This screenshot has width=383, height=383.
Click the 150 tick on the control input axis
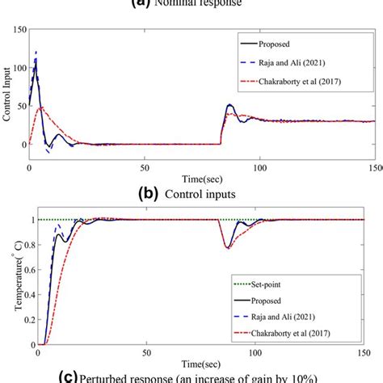coord(16,29)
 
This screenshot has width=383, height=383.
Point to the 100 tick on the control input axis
coord(16,67)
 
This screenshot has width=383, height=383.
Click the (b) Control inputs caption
coord(191,195)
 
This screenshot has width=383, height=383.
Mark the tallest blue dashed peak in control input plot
coord(36,53)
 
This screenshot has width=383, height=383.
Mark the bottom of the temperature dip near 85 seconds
coord(227,247)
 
